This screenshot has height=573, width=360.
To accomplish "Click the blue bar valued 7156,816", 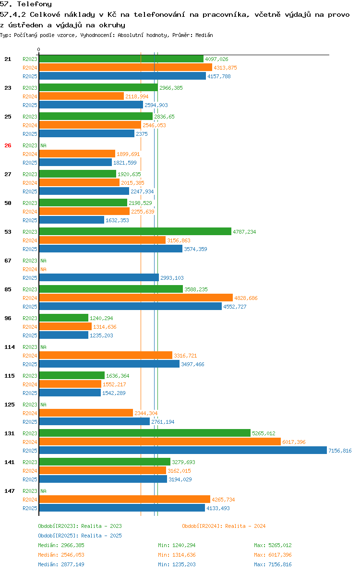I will click(182, 451).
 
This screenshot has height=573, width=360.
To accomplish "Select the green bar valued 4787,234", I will click(135, 231).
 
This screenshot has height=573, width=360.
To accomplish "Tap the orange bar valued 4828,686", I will click(136, 298).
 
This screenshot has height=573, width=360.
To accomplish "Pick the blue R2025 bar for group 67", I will click(99, 278).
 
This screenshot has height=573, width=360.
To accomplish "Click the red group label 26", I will click(8, 145).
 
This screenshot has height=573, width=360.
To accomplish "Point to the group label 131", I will click(10, 433).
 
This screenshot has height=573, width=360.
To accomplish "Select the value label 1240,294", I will click(101, 318).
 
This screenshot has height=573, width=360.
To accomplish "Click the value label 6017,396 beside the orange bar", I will click(294, 442).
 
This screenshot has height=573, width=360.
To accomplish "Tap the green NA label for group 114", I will click(43, 347).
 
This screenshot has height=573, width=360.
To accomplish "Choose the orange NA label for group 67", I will click(43, 269).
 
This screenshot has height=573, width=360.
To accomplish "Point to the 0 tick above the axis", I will click(39, 50).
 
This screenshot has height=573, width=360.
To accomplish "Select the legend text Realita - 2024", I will click(245, 526).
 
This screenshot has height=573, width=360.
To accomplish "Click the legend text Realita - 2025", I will click(101, 536).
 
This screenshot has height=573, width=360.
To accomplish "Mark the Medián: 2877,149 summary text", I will click(61, 564).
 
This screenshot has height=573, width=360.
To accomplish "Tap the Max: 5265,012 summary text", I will click(273, 545).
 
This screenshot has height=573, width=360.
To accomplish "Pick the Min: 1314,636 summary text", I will click(177, 555).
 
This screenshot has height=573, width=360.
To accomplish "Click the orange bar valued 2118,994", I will click(82, 96).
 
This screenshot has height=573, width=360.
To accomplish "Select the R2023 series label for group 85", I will click(30, 289).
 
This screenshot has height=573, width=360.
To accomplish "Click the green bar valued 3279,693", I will click(105, 462).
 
